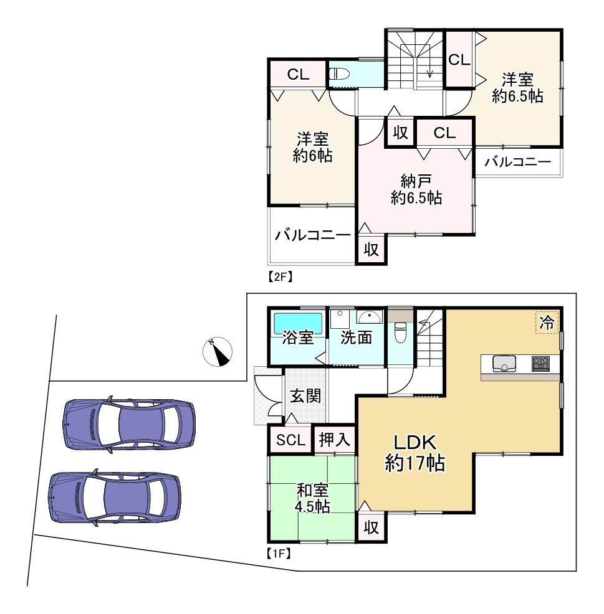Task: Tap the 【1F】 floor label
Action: click(279, 552)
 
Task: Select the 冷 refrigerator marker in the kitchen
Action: click(547, 323)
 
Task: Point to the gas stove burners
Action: click(540, 363)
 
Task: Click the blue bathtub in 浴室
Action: click(298, 324)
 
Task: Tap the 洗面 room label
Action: click(356, 338)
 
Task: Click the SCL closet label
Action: click(290, 440)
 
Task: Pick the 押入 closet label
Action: click(335, 440)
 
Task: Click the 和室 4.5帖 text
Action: click(313, 498)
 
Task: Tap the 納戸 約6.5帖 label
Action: click(416, 190)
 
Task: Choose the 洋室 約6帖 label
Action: click(312, 147)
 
